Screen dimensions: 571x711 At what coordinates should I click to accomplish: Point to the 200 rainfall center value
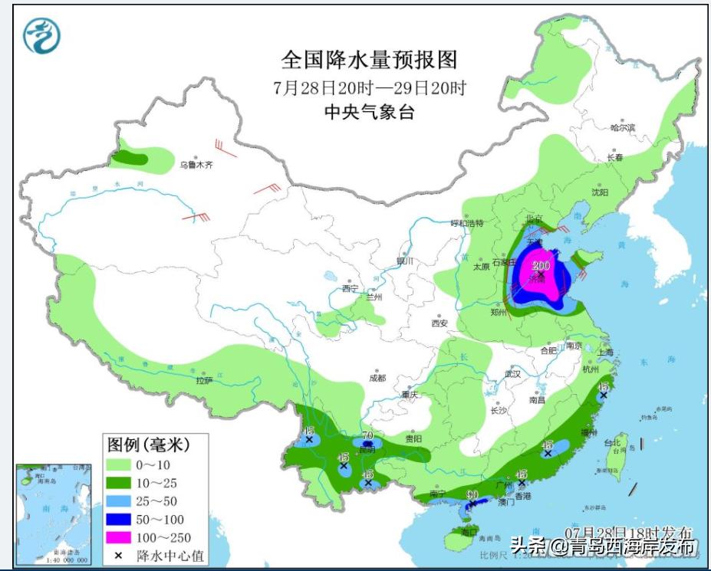click(541, 266)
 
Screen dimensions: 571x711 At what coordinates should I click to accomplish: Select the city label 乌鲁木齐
click(195, 164)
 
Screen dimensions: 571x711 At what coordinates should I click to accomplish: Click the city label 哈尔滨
click(622, 128)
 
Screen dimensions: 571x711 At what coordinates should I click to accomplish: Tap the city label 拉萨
click(203, 380)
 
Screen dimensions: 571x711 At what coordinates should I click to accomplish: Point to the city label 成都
click(377, 378)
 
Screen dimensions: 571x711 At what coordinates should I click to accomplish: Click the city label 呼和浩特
click(466, 223)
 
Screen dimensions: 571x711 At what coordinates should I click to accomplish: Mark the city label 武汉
click(512, 374)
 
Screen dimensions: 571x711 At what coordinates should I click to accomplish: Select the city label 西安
click(439, 323)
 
